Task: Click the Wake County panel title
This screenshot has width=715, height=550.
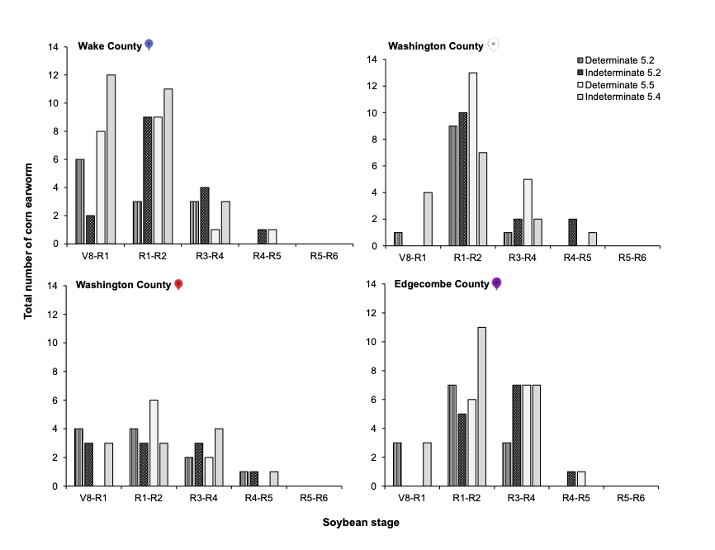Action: [x=110, y=45]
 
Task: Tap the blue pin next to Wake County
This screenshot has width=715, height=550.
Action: [x=149, y=45]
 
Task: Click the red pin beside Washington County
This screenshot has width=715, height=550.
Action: [x=178, y=285]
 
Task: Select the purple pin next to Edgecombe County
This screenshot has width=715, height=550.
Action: [x=496, y=284]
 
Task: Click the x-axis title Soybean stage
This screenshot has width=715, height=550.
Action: [x=361, y=522]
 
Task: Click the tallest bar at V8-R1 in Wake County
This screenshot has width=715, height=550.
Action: [x=111, y=159]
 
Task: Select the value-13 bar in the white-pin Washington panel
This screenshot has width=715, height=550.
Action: [x=472, y=159]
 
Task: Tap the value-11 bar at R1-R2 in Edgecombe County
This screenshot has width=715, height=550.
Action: [x=482, y=406]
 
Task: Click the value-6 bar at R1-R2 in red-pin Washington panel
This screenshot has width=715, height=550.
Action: [x=154, y=443]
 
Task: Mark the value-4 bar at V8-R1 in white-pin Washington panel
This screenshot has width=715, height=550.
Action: [x=429, y=219]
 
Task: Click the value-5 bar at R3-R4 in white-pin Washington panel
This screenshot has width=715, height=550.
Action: [x=528, y=212]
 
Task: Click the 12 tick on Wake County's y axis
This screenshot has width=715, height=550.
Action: [x=52, y=75]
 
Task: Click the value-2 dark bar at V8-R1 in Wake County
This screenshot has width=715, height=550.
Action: [x=90, y=230]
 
